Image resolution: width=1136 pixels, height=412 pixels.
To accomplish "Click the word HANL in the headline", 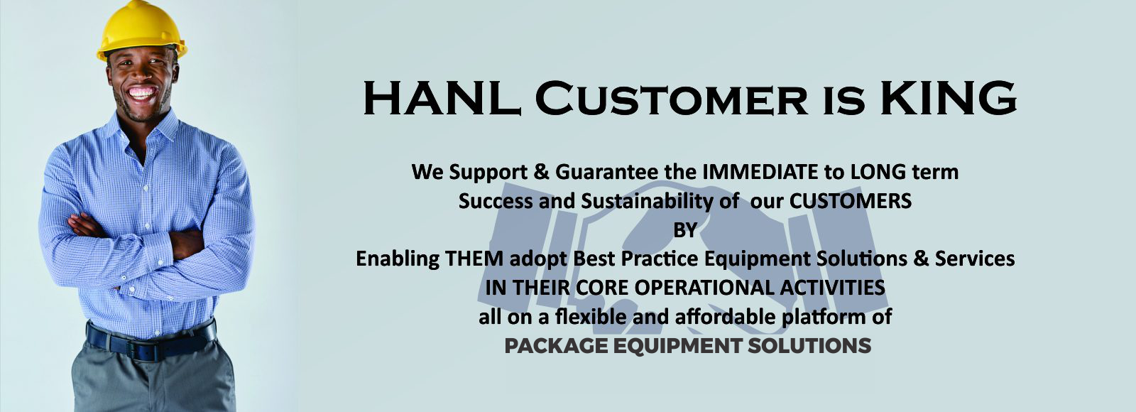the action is (442, 98).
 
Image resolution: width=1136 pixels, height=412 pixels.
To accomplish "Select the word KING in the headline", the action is (948, 98).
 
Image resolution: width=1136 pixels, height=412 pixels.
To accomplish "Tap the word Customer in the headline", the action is (671, 98).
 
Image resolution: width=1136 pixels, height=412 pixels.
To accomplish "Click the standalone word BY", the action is (684, 230).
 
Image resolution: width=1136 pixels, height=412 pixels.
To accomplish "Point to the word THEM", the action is (474, 259).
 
